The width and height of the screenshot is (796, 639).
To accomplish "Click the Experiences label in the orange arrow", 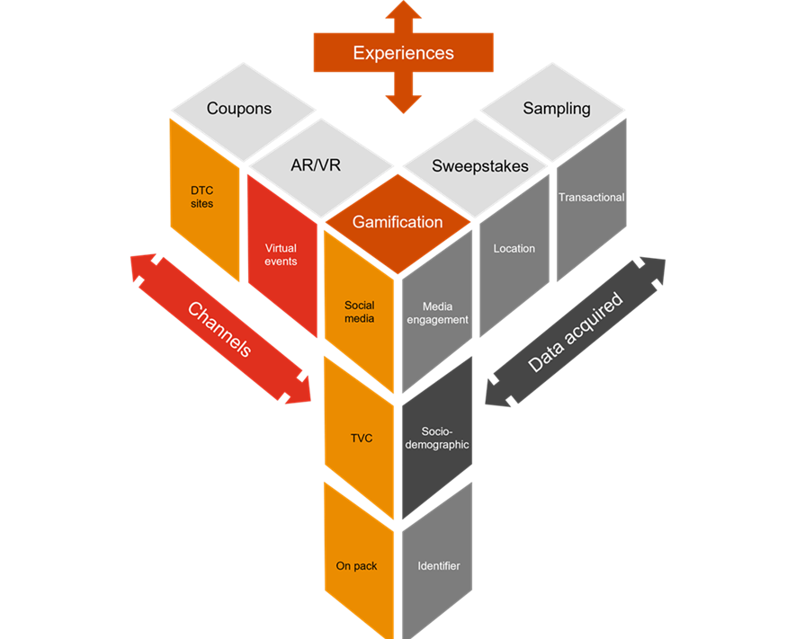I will coord(403,53).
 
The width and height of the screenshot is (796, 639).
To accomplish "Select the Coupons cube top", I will coord(238,109).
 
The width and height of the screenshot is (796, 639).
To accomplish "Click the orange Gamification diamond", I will coord(398,222).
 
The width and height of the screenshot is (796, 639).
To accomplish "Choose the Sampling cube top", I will coord(556,109).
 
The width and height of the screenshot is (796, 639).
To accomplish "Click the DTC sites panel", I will coord(204,199).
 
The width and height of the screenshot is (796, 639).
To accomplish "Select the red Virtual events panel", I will coord(281,255).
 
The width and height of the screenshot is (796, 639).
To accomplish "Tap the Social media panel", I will coord(359,312).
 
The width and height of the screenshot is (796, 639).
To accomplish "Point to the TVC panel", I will coord(359,438).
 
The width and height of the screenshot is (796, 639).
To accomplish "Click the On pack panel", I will coord(357,565).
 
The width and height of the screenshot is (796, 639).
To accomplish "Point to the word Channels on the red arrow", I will coord(220,329).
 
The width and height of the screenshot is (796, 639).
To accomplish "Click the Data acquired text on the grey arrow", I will coord(576,332).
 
